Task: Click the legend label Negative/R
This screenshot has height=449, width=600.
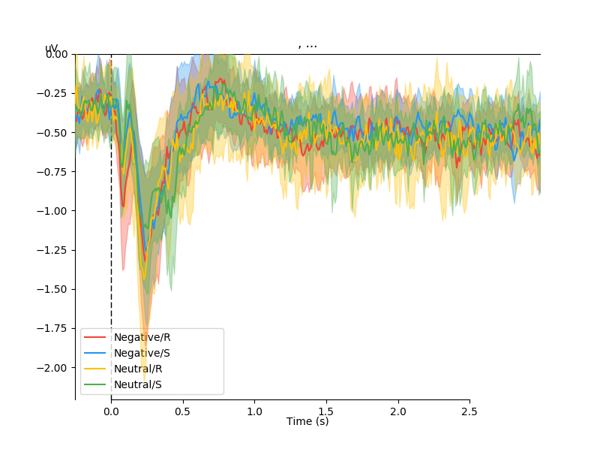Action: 142,337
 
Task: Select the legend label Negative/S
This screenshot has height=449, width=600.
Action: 142,353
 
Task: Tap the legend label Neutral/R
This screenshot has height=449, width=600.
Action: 138,369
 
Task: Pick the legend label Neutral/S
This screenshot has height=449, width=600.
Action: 138,384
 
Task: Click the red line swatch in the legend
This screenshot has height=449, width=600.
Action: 95,337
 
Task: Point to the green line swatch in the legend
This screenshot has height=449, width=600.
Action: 95,384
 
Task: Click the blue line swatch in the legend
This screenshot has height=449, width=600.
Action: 95,353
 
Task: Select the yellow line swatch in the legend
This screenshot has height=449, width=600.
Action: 95,369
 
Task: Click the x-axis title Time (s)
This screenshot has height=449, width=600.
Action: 307,422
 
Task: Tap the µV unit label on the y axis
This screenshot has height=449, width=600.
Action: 52,49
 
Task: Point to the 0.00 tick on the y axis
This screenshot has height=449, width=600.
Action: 56,54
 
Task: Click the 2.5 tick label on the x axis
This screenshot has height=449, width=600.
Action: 469,412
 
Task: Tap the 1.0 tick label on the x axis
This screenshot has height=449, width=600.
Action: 255,412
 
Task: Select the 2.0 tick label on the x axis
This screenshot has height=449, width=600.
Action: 398,412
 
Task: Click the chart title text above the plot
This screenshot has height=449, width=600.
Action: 307,44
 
